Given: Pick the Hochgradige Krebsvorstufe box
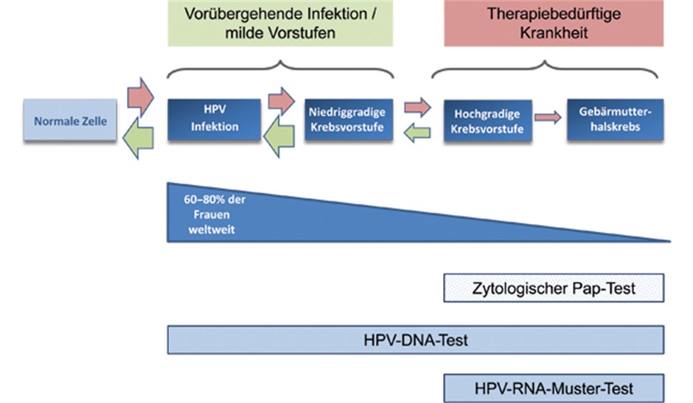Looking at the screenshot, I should (x=487, y=121).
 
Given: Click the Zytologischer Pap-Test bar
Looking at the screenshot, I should (x=554, y=288).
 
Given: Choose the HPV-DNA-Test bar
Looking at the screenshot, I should (x=416, y=340).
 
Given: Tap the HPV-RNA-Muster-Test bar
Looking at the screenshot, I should (x=554, y=387).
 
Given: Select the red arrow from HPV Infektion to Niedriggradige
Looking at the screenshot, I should (x=281, y=99).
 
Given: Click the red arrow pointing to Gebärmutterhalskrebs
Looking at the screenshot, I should (x=546, y=117).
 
